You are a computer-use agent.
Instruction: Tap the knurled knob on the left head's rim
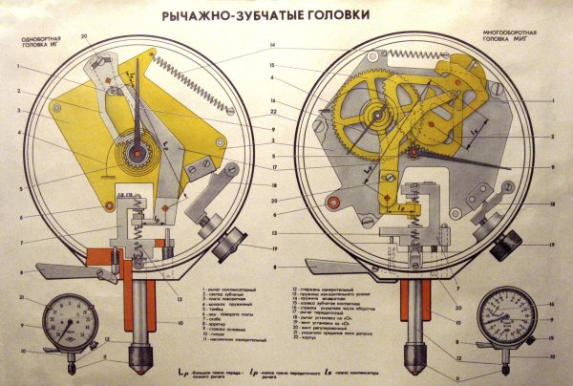point(223,247)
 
